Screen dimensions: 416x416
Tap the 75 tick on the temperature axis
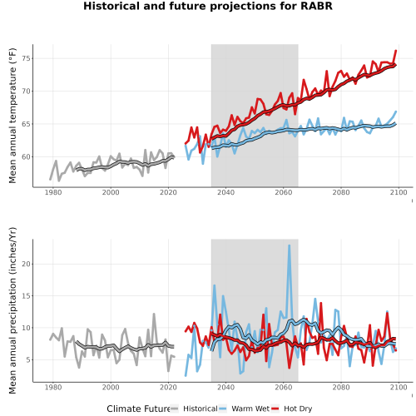tap(26, 58)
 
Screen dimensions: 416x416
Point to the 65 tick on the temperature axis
tap(26, 124)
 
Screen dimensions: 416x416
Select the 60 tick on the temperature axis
tap(26, 156)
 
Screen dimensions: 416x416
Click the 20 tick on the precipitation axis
tap(26, 264)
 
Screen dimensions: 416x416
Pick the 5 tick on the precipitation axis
tap(28, 359)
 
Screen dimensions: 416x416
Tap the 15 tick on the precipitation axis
tap(26, 296)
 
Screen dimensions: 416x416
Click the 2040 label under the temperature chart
tap(225, 192)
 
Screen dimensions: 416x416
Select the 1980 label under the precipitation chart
tap(53, 387)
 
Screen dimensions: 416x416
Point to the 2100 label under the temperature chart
tap(399, 192)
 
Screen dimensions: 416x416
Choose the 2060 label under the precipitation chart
tap(284, 387)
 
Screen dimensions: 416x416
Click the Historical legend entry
tap(194, 409)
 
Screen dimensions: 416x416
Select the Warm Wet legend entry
tap(244, 409)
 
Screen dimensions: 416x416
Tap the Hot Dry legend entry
tap(291, 409)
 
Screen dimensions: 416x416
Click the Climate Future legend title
tap(138, 409)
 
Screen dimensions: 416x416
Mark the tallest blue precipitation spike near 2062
tap(290, 245)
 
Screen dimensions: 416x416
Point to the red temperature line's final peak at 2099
tap(396, 51)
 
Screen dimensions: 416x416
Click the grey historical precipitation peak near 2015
tap(154, 314)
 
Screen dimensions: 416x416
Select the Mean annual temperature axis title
tap(12, 116)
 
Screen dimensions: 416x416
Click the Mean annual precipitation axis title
tap(12, 310)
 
